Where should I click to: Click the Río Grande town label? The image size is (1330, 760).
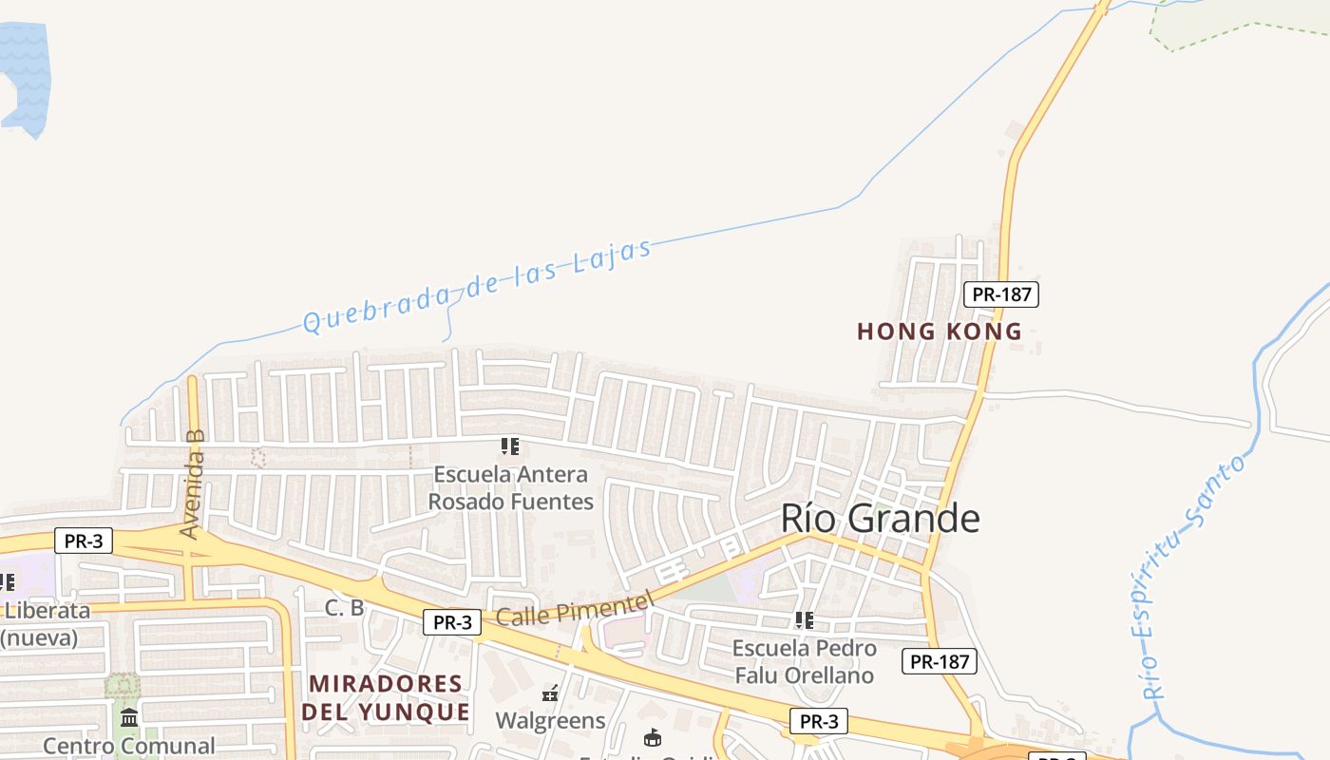click(x=880, y=519)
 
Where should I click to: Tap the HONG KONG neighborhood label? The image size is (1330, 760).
click(x=939, y=332)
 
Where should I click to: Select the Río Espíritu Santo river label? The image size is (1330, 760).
click(x=1193, y=577)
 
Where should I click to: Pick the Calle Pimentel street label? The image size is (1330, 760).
click(x=576, y=608)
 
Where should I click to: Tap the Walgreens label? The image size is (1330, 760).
click(x=550, y=721)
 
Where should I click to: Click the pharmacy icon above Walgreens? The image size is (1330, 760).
click(x=550, y=693)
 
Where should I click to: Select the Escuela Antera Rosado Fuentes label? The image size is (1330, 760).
click(x=511, y=487)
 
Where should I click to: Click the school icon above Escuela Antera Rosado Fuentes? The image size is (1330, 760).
click(x=510, y=446)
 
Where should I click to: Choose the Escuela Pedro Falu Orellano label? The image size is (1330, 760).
click(x=804, y=662)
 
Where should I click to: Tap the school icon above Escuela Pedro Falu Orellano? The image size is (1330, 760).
click(x=804, y=620)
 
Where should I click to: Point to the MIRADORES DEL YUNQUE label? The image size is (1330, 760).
click(x=386, y=697)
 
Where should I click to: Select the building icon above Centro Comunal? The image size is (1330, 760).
click(x=129, y=717)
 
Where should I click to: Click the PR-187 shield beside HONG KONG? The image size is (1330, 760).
click(x=1001, y=294)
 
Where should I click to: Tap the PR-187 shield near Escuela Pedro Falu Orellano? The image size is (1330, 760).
click(x=939, y=661)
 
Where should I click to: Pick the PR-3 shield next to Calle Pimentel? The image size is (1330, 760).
click(x=452, y=623)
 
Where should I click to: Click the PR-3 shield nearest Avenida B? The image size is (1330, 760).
click(x=84, y=541)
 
